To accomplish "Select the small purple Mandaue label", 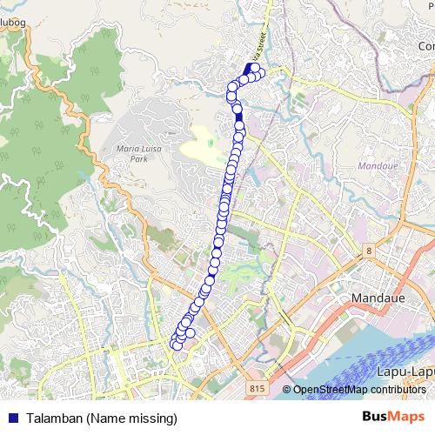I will (x=378, y=164).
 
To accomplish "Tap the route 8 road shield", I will (x=369, y=251).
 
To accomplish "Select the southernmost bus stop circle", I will (x=177, y=345).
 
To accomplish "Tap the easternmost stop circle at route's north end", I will (x=258, y=72).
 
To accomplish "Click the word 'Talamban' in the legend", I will (x=53, y=418).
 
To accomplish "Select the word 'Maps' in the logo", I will (x=405, y=418).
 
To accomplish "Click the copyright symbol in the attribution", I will (x=286, y=389).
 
